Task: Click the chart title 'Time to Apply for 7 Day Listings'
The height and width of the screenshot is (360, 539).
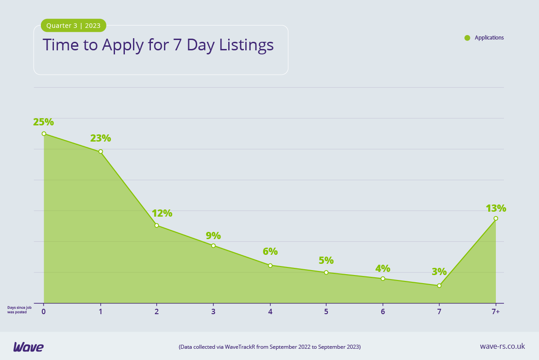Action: (158, 45)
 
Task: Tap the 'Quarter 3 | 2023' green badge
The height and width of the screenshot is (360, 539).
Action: (74, 26)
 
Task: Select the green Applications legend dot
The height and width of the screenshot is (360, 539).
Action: (467, 38)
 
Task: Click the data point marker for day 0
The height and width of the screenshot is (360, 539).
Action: (44, 133)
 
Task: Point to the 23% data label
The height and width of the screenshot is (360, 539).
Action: (101, 138)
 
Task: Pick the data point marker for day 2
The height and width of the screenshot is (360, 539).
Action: (157, 225)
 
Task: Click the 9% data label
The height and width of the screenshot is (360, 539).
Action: (213, 236)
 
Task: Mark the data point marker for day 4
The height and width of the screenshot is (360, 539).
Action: (270, 265)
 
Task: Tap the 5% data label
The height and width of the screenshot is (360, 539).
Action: (326, 261)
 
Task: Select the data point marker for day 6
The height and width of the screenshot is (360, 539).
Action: (383, 279)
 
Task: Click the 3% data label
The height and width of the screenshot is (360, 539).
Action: (439, 272)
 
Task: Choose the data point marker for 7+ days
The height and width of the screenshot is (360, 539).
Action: (496, 218)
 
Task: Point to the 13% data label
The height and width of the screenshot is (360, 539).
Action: (496, 209)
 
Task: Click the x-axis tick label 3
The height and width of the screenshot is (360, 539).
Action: (213, 311)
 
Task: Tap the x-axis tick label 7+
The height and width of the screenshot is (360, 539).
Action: (496, 311)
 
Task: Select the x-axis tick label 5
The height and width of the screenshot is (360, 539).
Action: (326, 311)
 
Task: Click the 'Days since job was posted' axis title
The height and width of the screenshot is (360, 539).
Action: (19, 310)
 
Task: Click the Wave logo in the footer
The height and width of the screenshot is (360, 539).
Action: (28, 347)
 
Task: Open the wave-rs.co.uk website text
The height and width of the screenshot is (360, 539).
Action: (502, 346)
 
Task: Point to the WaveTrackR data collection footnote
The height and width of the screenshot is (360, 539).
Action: (269, 347)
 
